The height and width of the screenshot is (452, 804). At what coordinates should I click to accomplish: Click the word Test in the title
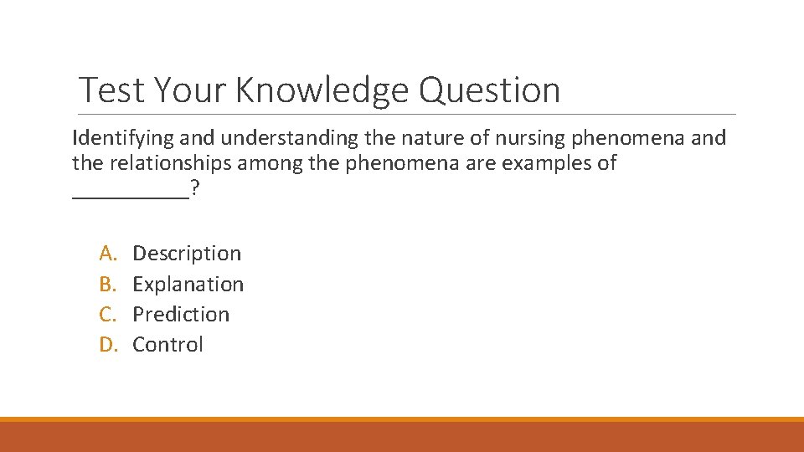click(x=110, y=90)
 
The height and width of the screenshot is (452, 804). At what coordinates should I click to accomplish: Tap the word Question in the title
click(x=489, y=90)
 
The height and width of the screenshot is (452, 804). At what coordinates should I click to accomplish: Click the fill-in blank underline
click(x=131, y=197)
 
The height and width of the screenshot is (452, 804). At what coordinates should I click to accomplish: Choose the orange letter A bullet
click(x=107, y=253)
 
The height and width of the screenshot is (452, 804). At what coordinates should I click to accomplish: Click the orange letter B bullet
click(x=107, y=284)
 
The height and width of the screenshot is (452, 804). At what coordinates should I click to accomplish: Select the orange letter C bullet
click(x=107, y=314)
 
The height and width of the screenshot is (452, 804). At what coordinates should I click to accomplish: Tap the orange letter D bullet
click(x=107, y=344)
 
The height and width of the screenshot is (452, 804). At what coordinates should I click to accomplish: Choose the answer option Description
click(x=187, y=253)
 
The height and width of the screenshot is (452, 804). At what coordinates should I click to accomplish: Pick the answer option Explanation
click(x=188, y=284)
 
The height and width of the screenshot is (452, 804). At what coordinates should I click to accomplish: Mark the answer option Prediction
click(x=181, y=314)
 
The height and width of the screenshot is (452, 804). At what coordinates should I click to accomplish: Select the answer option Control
click(x=167, y=344)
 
